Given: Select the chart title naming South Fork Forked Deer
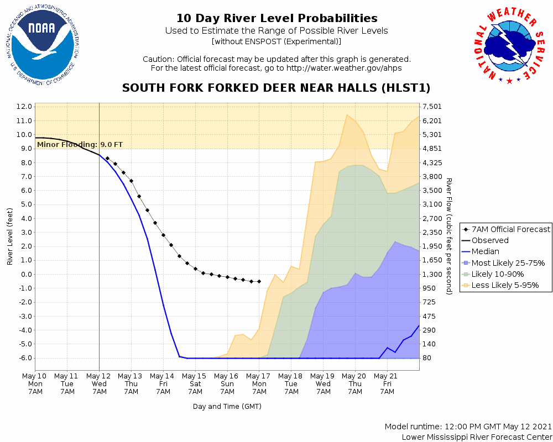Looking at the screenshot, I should pyautogui.click(x=276, y=88).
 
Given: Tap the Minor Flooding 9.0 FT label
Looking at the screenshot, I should pyautogui.click(x=80, y=145).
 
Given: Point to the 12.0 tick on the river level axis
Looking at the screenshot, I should pyautogui.click(x=24, y=106).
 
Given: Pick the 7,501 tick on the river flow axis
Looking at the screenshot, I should pyautogui.click(x=431, y=107).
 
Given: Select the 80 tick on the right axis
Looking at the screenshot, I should pyautogui.click(x=427, y=358).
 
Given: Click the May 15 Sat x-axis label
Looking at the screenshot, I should pyautogui.click(x=195, y=383).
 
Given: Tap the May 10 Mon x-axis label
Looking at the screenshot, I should pyautogui.click(x=35, y=383).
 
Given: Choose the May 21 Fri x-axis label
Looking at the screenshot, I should pyautogui.click(x=387, y=383).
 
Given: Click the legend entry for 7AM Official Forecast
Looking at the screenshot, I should pyautogui.click(x=505, y=229).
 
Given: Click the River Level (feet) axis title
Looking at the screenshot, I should pyautogui.click(x=11, y=236).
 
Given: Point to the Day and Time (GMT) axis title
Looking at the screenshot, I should pyautogui.click(x=227, y=407).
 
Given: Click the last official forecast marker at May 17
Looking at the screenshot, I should pyautogui.click(x=259, y=281).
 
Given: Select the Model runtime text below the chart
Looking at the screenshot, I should pyautogui.click(x=468, y=427).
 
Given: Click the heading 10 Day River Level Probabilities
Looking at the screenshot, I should pyautogui.click(x=276, y=19).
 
